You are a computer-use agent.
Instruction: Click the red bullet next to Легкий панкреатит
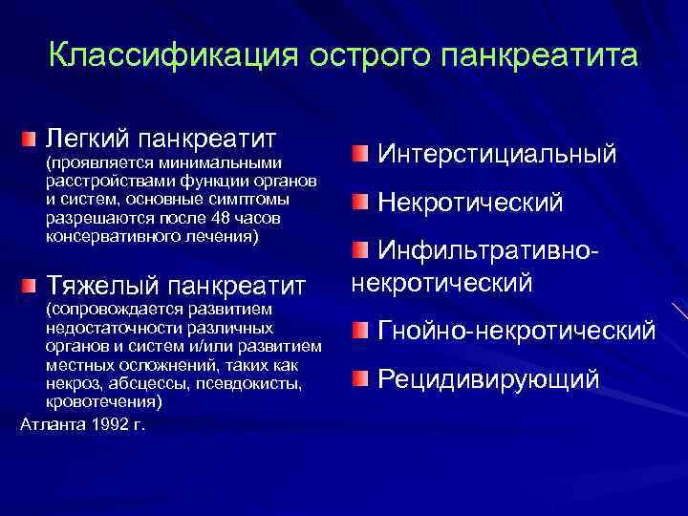31,140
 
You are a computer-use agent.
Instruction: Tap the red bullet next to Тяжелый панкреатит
31,285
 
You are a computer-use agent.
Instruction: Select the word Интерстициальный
497,153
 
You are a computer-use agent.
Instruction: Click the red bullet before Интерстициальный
358,153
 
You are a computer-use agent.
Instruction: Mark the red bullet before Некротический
358,203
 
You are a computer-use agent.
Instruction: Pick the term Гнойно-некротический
517,331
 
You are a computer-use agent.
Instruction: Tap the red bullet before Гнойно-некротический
358,331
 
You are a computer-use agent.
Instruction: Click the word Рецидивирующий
489,379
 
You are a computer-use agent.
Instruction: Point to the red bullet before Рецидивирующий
358,379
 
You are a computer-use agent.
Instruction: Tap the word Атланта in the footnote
49,423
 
